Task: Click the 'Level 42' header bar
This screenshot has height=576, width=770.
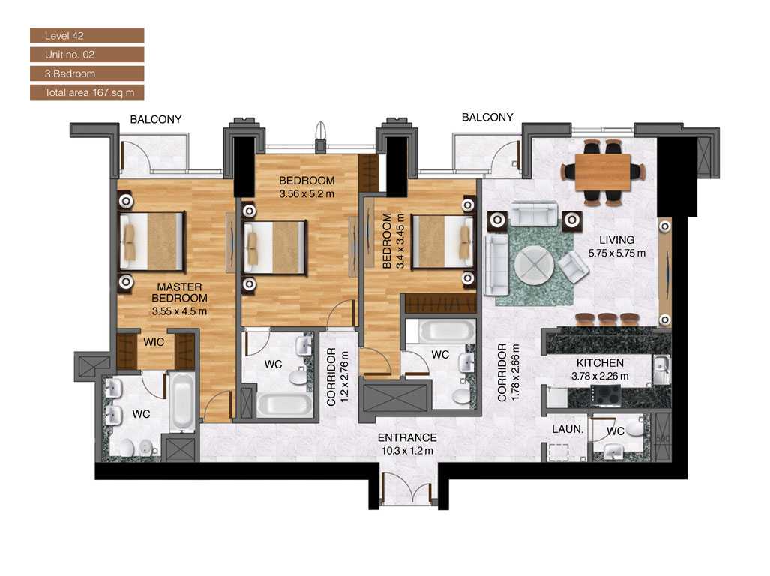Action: [86, 35]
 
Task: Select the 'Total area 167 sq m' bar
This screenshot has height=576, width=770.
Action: [86, 92]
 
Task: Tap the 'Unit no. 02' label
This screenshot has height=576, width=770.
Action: [86, 55]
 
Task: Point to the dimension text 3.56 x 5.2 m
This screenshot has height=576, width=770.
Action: [306, 193]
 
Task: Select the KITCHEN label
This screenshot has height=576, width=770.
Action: [600, 363]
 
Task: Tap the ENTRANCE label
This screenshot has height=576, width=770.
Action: [407, 438]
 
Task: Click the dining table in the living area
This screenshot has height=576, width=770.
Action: [604, 172]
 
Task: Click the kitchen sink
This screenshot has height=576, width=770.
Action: [661, 370]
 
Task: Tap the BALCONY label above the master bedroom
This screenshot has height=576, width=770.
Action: [156, 119]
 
